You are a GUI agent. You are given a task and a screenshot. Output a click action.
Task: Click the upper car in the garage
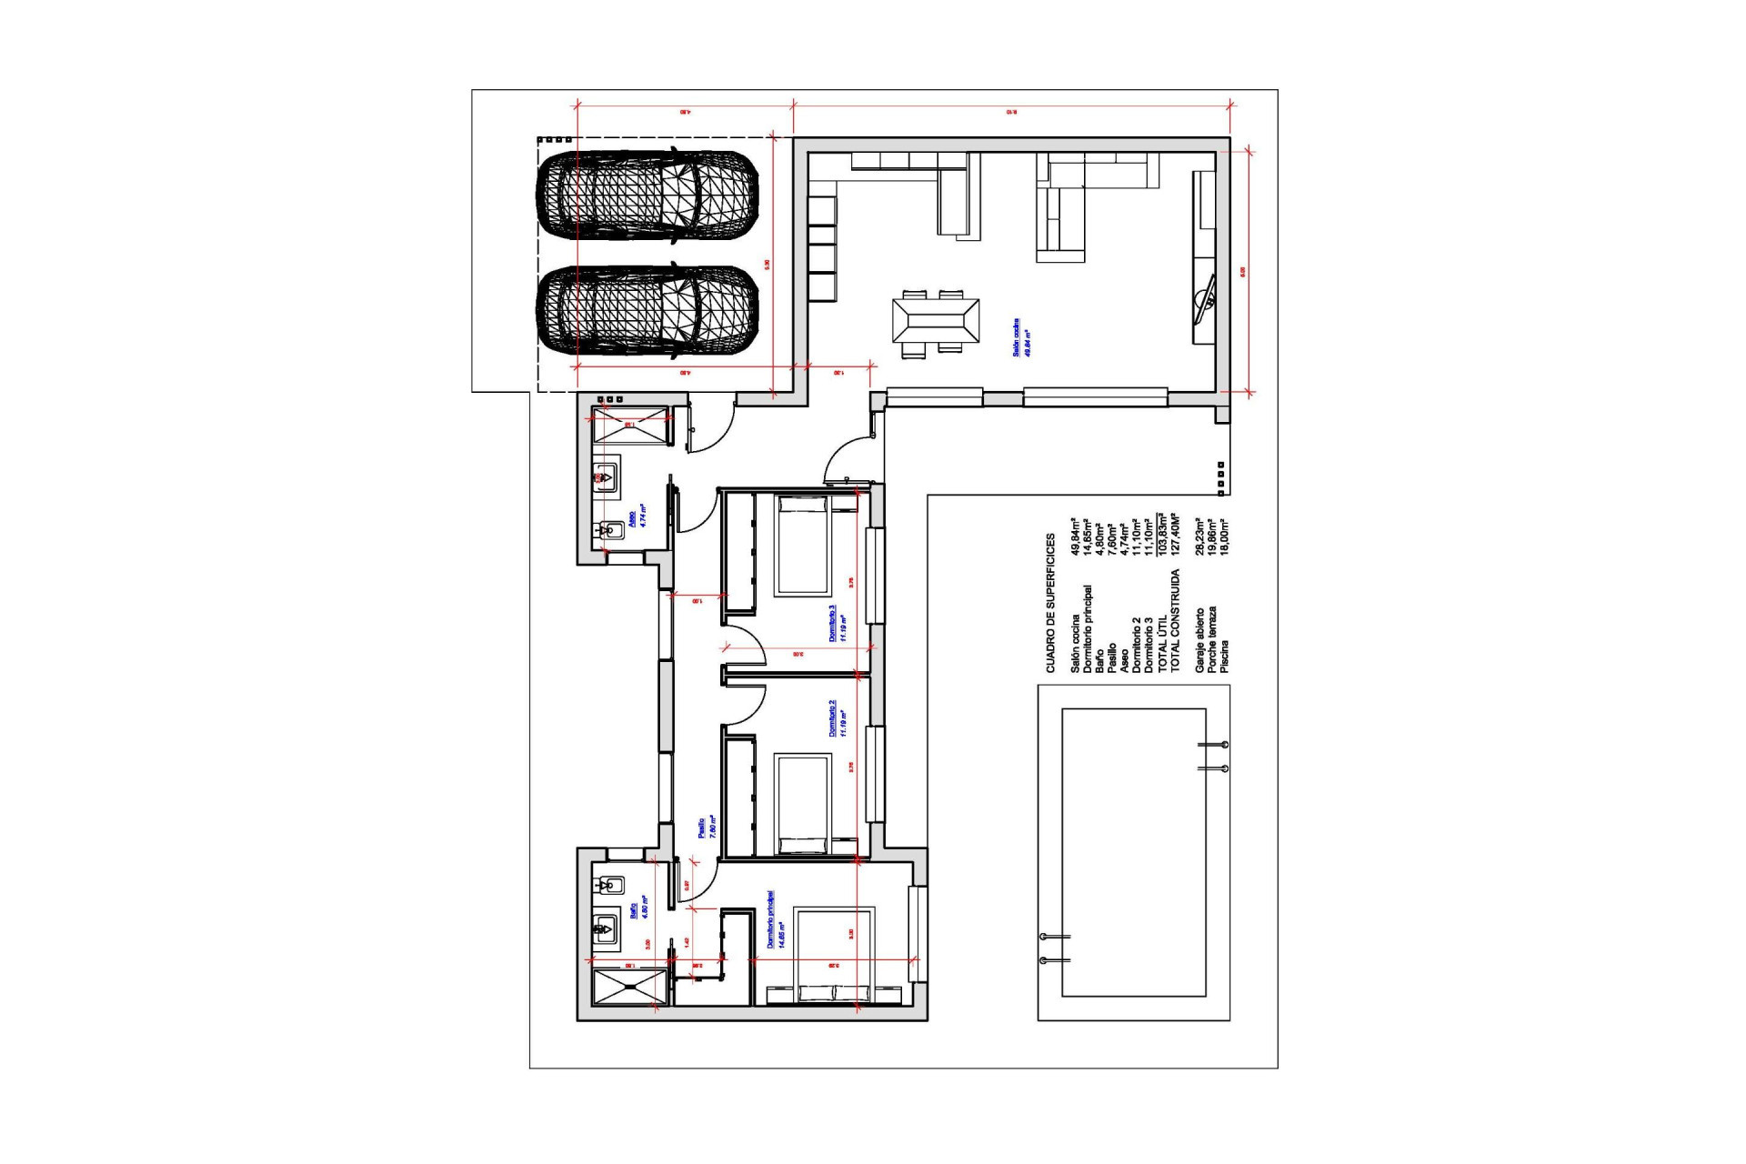point(647,197)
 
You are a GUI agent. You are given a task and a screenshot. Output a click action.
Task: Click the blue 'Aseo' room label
point(637,517)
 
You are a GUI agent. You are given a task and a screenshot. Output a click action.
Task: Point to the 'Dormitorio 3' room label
point(838,624)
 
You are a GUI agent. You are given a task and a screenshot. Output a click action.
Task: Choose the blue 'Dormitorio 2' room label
point(838,717)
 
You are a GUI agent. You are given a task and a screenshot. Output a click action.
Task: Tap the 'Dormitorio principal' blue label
point(775,920)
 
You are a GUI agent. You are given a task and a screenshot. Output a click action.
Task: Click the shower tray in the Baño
point(629,988)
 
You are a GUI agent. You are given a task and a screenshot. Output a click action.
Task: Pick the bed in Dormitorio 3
point(802,546)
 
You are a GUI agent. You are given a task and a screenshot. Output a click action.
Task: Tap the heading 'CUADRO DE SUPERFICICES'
point(1050,602)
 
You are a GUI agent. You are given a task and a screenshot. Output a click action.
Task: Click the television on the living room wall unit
point(1206,298)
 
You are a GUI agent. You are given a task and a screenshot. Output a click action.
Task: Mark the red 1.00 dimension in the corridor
point(698,601)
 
